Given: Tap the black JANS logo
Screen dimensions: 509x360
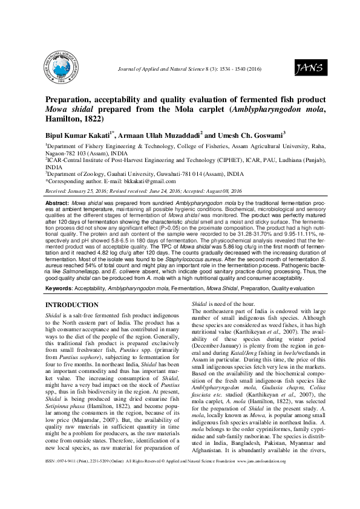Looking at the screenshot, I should (307, 68).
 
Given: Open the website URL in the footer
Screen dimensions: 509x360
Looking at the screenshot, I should (287, 495).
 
